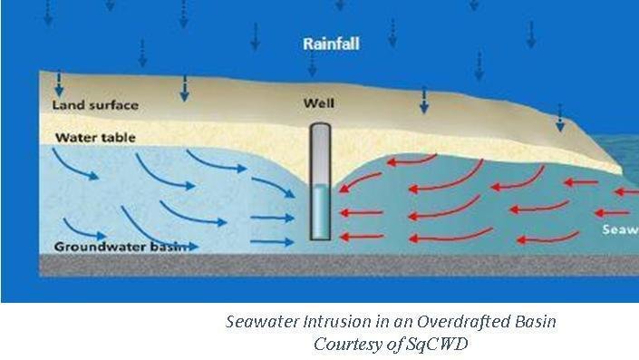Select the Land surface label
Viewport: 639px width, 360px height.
[x=95, y=105]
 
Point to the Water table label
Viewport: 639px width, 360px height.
[x=95, y=138]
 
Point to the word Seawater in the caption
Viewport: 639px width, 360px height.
[x=263, y=323]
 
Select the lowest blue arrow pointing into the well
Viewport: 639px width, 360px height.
[x=272, y=241]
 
